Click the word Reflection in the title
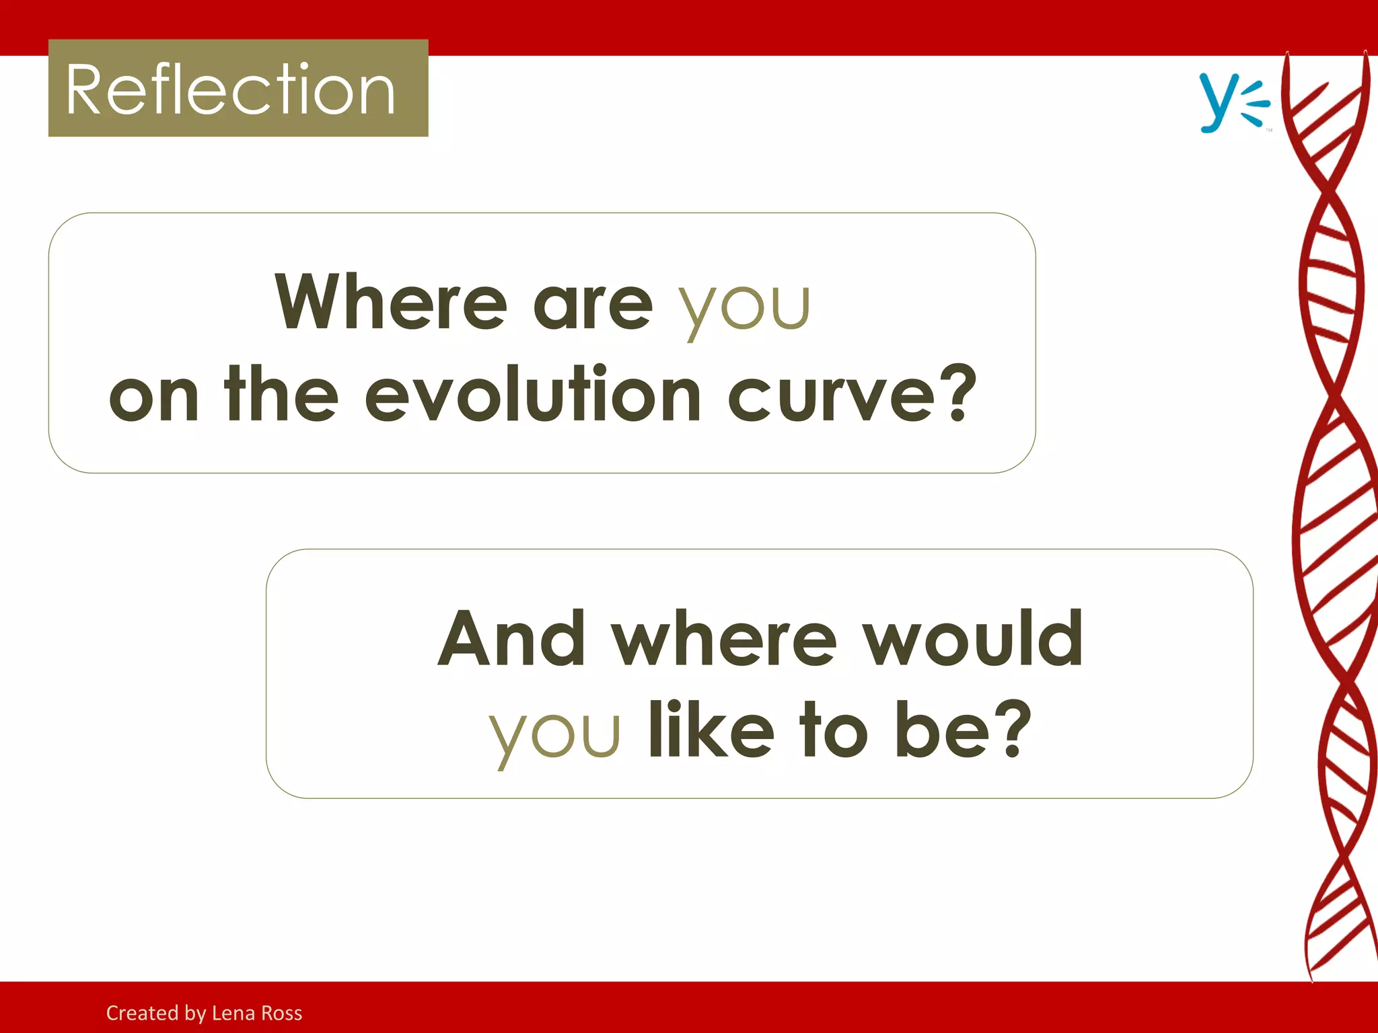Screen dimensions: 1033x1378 click(x=231, y=90)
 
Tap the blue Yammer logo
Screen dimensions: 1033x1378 click(x=1233, y=102)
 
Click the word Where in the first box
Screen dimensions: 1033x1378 click(x=390, y=302)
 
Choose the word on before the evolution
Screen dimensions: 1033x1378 click(x=154, y=398)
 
